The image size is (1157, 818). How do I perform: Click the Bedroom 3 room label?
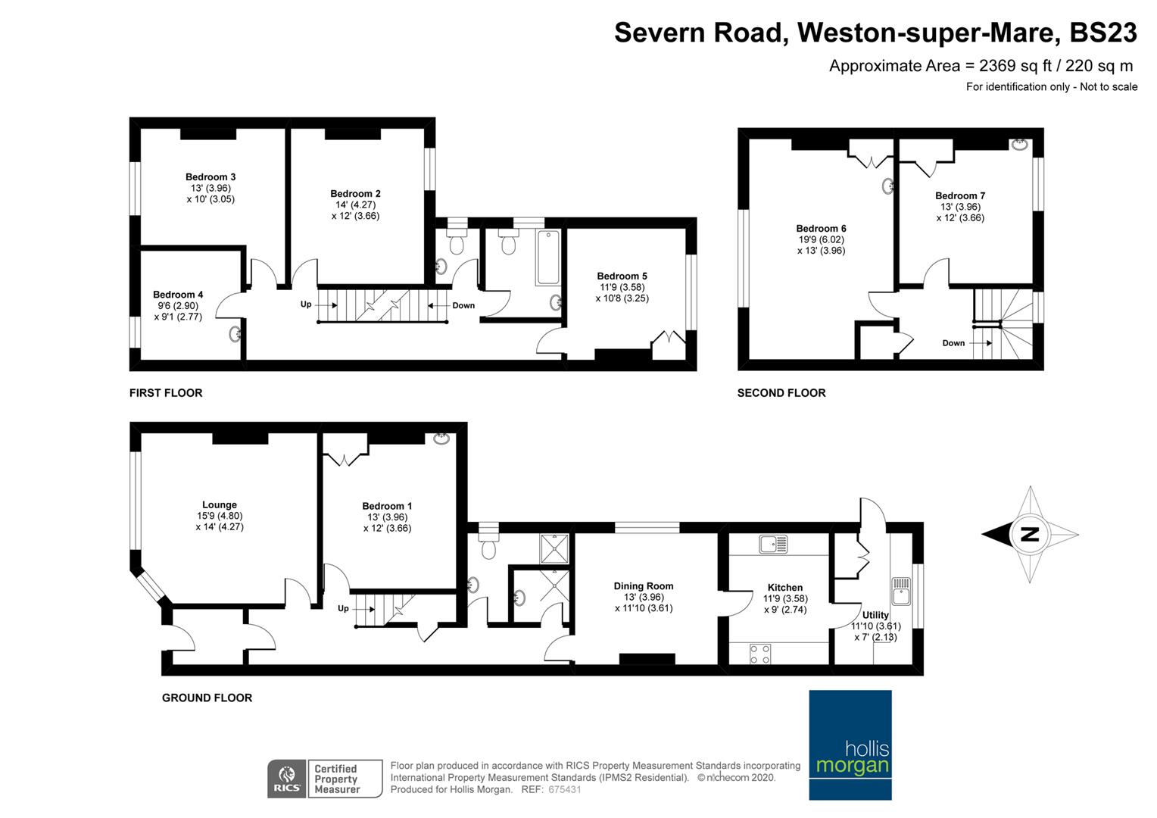pos(211,177)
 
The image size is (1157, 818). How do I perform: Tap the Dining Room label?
pos(643,586)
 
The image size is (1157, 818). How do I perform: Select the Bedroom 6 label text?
pos(821,229)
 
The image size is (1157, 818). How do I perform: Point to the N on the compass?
pos(1030,534)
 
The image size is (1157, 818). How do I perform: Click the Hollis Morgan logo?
pos(850,745)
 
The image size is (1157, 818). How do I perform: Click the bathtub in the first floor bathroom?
pos(547,258)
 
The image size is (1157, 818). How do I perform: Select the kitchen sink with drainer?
pos(773,544)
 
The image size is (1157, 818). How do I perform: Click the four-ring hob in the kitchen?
pos(759,654)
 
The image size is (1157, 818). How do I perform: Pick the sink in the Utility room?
pos(900,591)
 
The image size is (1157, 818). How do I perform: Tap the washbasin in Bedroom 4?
pos(235,334)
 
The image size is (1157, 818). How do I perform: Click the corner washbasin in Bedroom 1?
pos(441,439)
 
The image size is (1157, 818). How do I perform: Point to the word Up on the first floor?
pos(306,304)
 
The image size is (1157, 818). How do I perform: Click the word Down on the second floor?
pos(953,343)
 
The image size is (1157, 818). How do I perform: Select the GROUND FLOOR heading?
pos(207,698)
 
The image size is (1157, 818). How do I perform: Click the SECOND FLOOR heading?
pos(781,393)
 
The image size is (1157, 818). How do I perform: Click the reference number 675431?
pos(565,789)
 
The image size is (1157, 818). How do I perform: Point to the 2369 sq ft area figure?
pos(1015,66)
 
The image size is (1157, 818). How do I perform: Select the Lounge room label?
pos(220,505)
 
